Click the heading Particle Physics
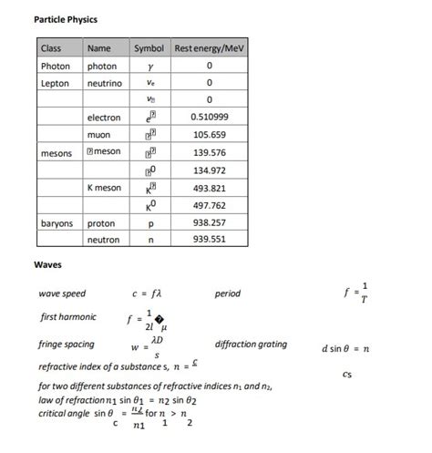click(x=66, y=19)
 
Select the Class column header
click(x=51, y=47)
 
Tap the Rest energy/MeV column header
click(x=210, y=47)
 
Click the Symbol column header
click(x=149, y=47)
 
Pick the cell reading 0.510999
click(x=210, y=118)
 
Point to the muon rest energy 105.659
click(x=210, y=135)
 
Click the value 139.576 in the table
click(x=210, y=152)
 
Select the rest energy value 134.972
click(x=210, y=170)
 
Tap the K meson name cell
click(x=105, y=188)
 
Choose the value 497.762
click(x=210, y=205)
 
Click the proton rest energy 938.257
click(x=210, y=222)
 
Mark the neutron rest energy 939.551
click(x=210, y=240)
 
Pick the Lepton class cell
click(x=55, y=83)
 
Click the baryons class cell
click(x=57, y=222)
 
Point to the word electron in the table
click(x=104, y=118)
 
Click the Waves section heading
click(x=47, y=265)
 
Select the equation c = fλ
click(x=146, y=294)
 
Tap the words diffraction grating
click(x=251, y=345)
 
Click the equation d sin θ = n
click(x=345, y=348)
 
